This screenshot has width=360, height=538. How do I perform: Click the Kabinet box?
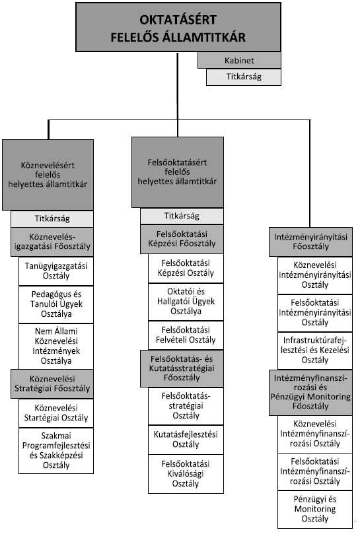click(x=239, y=60)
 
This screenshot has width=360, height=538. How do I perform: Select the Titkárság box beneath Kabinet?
click(x=244, y=77)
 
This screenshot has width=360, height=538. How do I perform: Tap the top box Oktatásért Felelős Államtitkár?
click(x=178, y=28)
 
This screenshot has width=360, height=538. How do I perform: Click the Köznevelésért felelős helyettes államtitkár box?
click(x=48, y=175)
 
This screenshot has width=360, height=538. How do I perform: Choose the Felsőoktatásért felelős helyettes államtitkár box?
click(x=178, y=172)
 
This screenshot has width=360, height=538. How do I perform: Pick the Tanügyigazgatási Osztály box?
click(x=56, y=271)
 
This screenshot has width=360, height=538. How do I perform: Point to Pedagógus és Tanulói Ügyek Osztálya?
click(x=56, y=304)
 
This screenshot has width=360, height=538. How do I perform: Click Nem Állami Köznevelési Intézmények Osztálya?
click(x=56, y=346)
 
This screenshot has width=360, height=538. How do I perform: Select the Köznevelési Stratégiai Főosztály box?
click(x=52, y=384)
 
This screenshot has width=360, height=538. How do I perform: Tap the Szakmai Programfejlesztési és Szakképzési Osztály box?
click(x=56, y=450)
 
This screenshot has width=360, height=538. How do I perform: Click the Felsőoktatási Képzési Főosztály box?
click(x=182, y=239)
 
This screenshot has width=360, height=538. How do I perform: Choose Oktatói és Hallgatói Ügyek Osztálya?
click(x=186, y=302)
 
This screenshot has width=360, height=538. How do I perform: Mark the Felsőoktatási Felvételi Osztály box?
click(x=186, y=335)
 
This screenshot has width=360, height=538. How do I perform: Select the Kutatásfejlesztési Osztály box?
click(x=186, y=440)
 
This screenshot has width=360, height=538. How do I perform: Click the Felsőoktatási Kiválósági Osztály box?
click(x=186, y=474)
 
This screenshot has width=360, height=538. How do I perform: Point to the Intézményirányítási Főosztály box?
click(x=310, y=242)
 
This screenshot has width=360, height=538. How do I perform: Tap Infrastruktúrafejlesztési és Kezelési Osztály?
click(x=314, y=351)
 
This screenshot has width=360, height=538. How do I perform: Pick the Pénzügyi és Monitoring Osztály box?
click(x=314, y=509)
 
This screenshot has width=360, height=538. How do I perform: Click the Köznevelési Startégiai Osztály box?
click(x=56, y=413)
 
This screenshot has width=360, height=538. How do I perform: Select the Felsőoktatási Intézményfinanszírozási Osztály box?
click(x=314, y=471)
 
